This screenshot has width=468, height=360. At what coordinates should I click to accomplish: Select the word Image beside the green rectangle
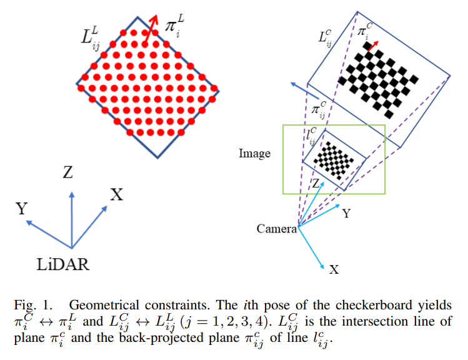point(255,152)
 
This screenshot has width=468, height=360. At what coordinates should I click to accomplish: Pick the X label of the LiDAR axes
point(116,194)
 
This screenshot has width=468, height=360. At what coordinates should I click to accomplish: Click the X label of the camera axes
point(334,269)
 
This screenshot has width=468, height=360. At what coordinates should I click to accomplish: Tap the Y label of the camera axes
point(346,213)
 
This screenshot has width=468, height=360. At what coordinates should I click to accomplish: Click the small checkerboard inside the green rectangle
point(334,160)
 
